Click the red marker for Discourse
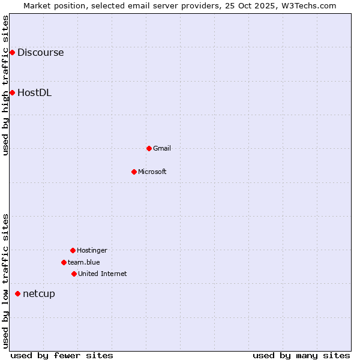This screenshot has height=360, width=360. click(x=12, y=53)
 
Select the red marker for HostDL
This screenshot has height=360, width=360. click(x=12, y=92)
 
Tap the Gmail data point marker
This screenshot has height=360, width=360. click(x=149, y=148)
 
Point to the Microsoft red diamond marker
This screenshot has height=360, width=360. click(x=134, y=172)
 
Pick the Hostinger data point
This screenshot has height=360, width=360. click(x=73, y=250)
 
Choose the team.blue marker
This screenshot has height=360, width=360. click(x=64, y=262)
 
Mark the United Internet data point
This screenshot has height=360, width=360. click(x=74, y=274)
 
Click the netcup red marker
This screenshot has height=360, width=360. click(x=17, y=293)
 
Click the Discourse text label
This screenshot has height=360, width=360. click(x=40, y=53)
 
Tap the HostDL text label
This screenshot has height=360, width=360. click(x=34, y=92)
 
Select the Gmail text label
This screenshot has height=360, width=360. click(x=162, y=148)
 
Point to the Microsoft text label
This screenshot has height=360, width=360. click(x=152, y=172)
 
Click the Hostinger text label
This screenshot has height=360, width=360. click(x=92, y=250)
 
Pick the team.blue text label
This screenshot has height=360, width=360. click(x=84, y=262)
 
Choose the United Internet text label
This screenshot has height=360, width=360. click(x=102, y=274)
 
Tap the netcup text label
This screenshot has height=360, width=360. click(x=39, y=293)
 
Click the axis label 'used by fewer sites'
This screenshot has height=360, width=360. click(x=62, y=355)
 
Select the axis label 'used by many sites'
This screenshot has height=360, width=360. click(x=301, y=355)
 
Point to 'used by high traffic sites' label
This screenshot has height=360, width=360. click(x=5, y=85)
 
